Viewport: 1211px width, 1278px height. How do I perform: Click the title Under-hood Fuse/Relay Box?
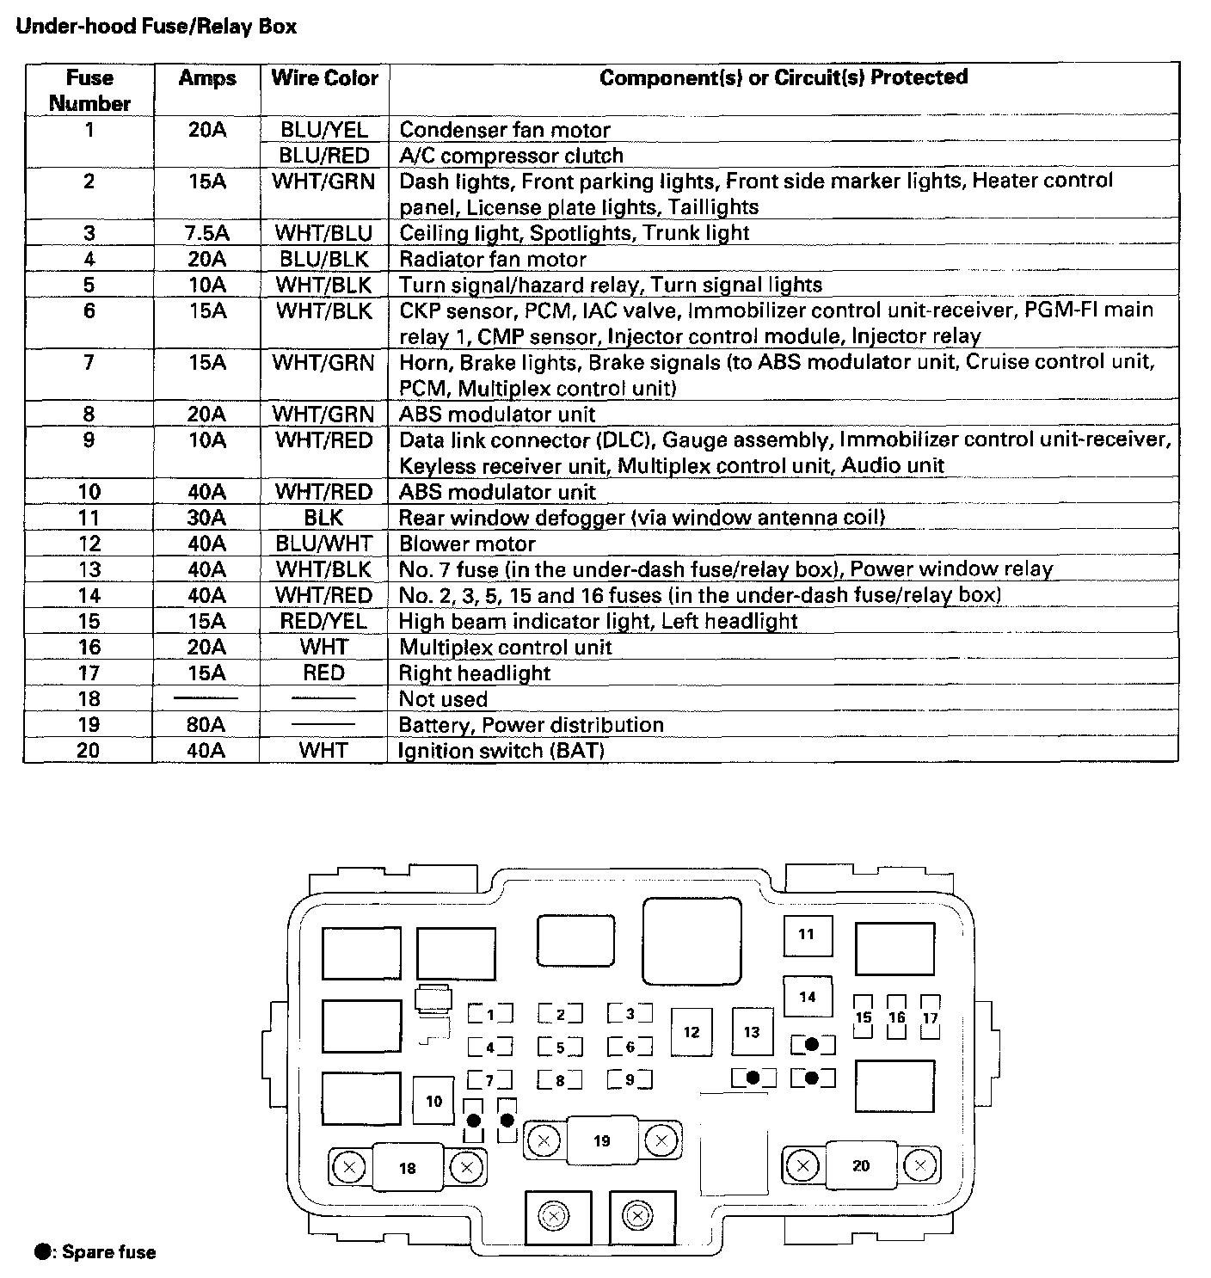157,27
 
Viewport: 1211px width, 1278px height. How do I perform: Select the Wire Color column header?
324,78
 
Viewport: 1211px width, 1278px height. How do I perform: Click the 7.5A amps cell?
206,233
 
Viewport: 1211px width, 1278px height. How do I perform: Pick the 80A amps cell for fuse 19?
206,724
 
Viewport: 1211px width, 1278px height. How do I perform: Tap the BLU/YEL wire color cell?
324,130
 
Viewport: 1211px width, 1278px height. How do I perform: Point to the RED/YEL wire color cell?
324,621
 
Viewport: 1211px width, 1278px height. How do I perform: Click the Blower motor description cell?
467,544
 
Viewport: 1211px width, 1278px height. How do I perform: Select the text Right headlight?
475,673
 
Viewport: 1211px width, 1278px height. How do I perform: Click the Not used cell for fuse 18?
443,698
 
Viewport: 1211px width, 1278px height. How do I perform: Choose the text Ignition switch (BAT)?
501,750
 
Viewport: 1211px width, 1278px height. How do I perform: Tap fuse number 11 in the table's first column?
89,518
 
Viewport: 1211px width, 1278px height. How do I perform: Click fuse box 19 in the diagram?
602,1141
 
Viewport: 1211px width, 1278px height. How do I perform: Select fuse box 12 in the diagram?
692,1032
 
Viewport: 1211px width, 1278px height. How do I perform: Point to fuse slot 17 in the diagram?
930,1017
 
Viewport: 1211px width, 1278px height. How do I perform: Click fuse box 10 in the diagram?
434,1101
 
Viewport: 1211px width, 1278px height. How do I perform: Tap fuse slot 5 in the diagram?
560,1048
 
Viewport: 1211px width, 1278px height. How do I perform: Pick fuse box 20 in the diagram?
861,1166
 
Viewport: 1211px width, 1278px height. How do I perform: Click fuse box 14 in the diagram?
807,998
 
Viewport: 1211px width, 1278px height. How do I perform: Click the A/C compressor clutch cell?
511,156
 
